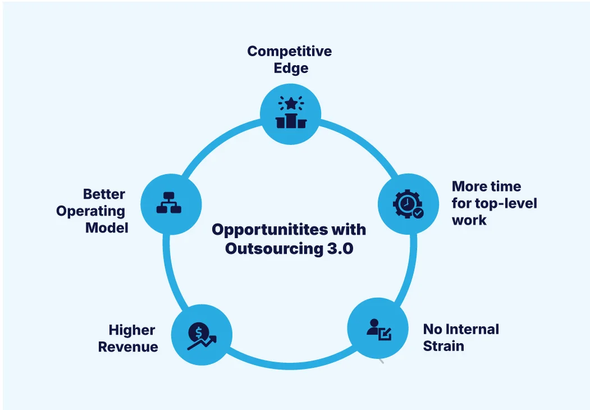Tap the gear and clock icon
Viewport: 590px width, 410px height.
click(408, 203)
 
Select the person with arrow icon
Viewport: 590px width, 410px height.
click(378, 329)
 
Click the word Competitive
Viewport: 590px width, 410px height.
click(290, 51)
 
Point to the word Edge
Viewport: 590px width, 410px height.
click(291, 69)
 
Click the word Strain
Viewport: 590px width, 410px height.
click(443, 346)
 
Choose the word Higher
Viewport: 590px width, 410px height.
click(132, 330)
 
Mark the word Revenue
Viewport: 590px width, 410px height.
click(128, 347)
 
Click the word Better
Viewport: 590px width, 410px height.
click(104, 194)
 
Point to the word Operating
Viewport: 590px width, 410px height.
click(90, 211)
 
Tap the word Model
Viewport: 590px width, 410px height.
click(107, 228)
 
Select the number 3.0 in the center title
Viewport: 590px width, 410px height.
click(340, 248)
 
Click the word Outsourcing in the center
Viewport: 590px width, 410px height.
click(274, 248)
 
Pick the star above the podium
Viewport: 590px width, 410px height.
click(291, 103)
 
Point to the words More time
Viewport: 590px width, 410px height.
click(486, 186)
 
